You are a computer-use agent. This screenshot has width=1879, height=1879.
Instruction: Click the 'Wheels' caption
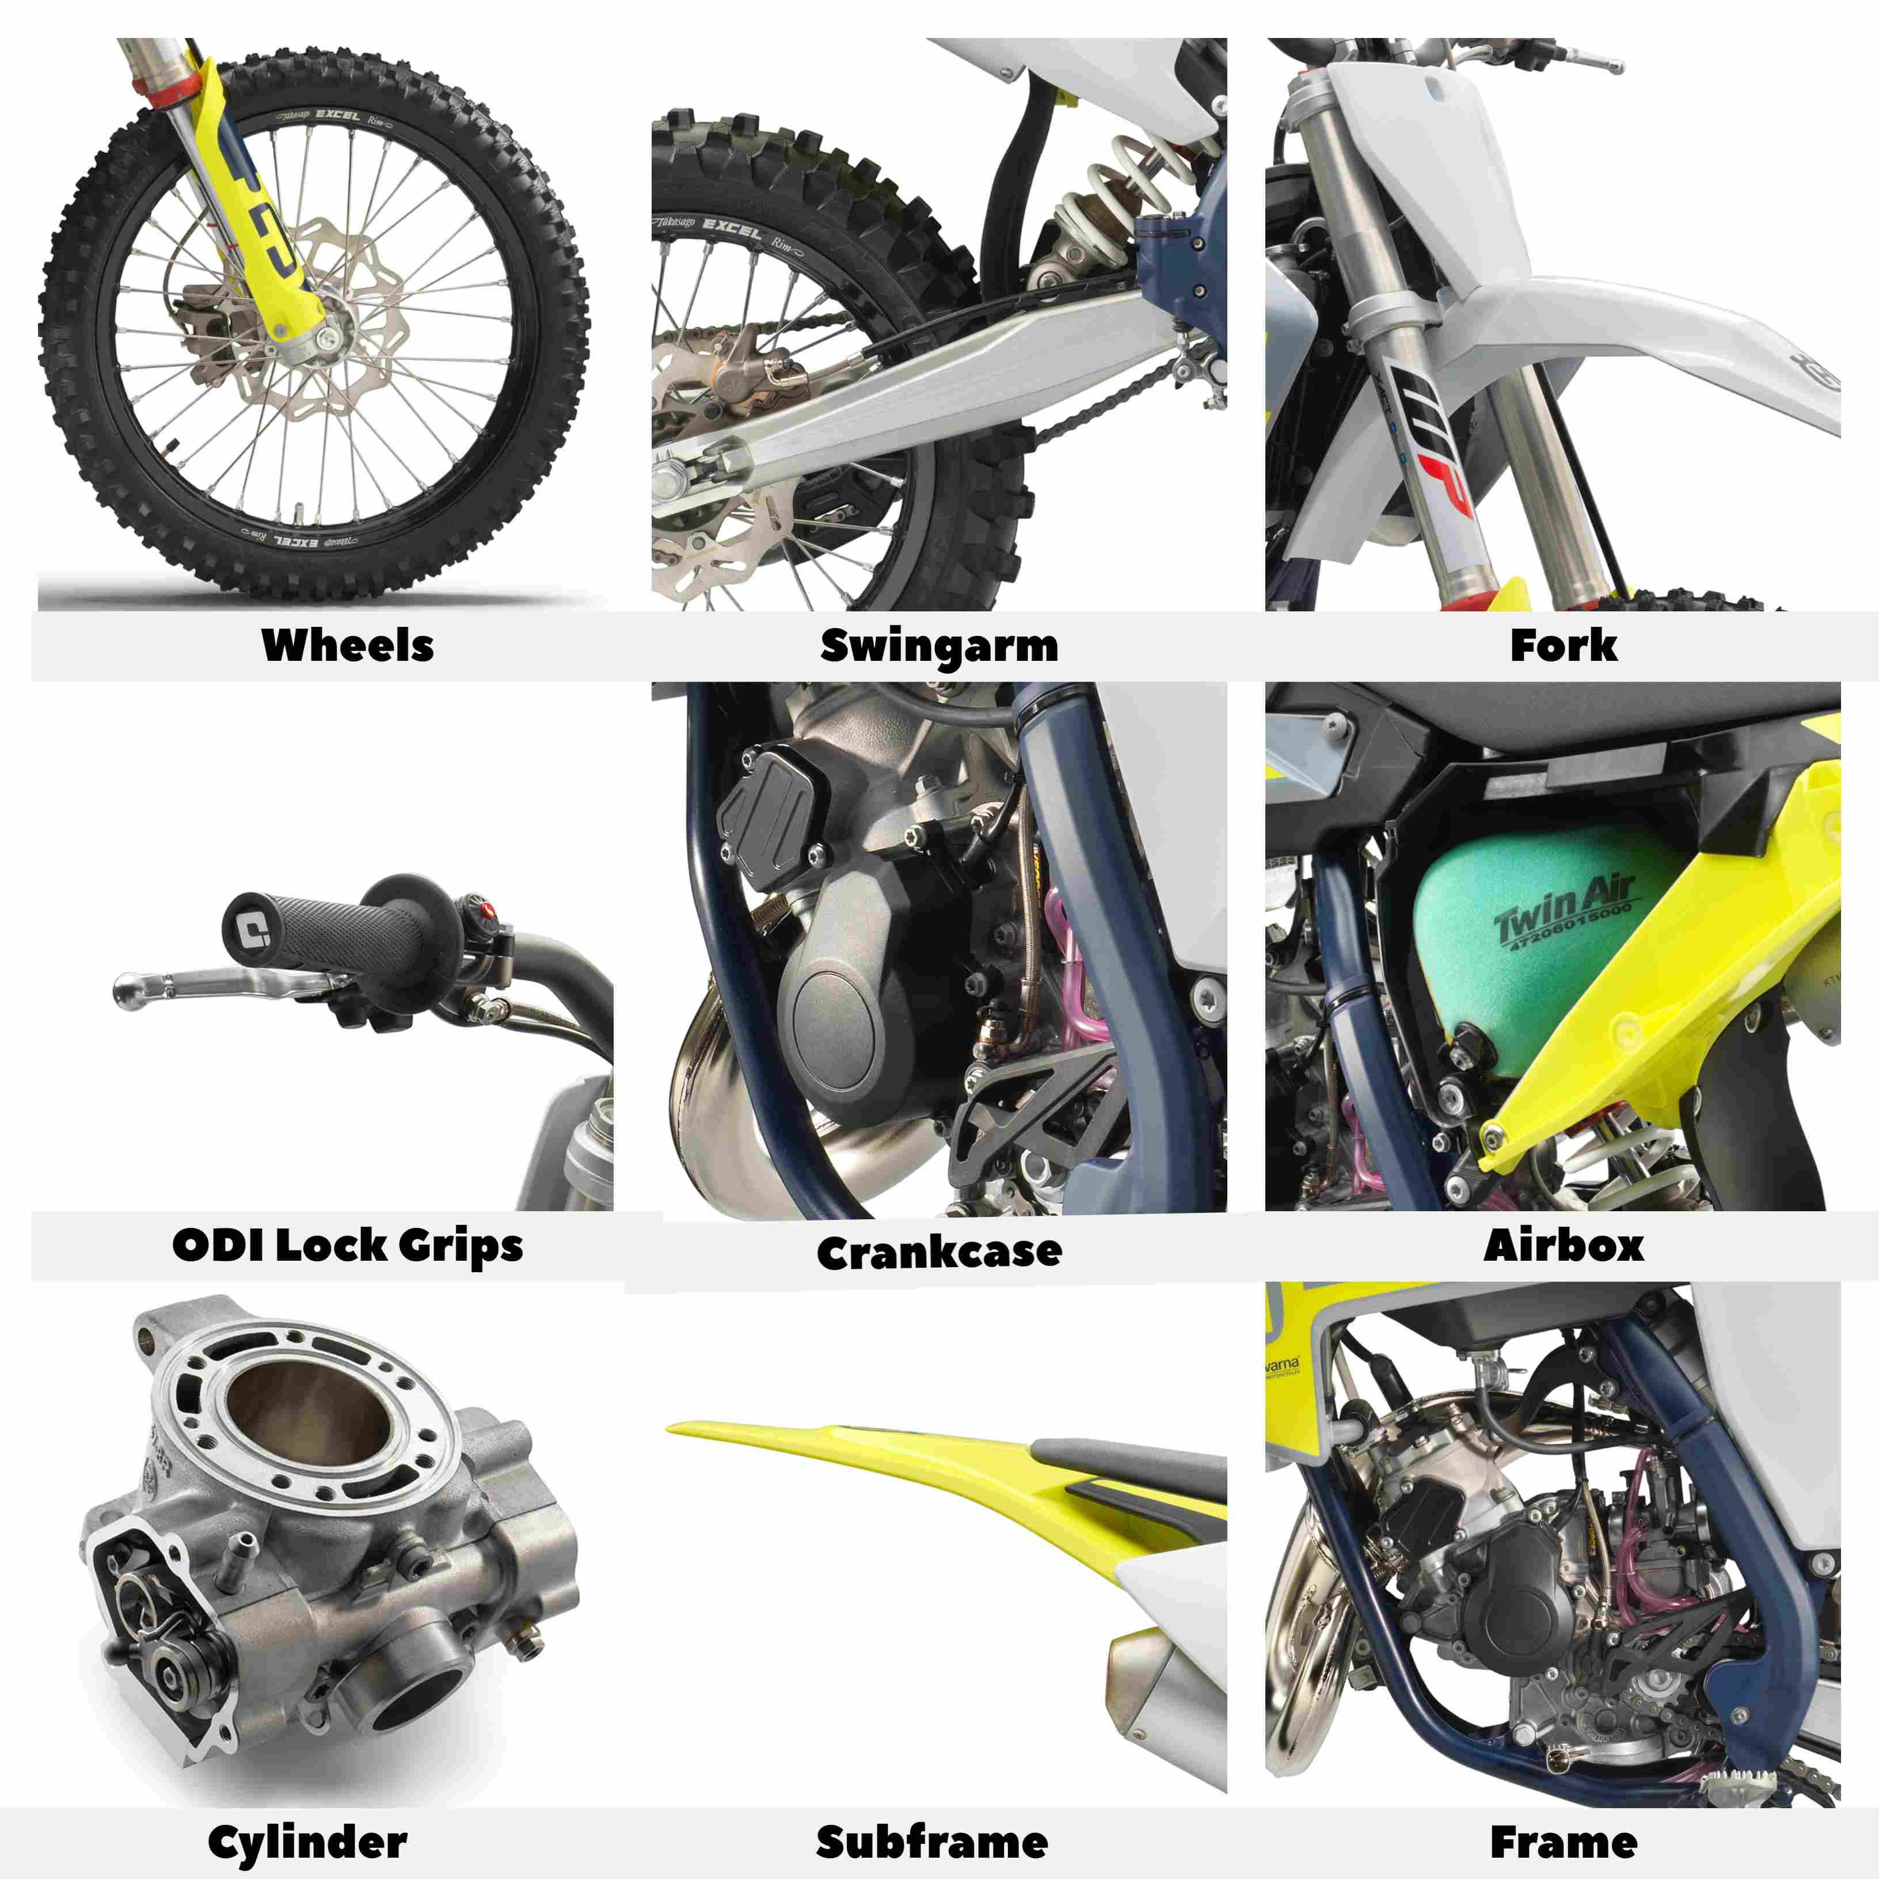point(347,645)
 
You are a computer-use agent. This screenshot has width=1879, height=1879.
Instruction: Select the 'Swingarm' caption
point(938,645)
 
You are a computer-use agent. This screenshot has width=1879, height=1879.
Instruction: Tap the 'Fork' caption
point(1563,645)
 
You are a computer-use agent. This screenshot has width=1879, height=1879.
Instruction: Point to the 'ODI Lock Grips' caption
point(347,1246)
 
